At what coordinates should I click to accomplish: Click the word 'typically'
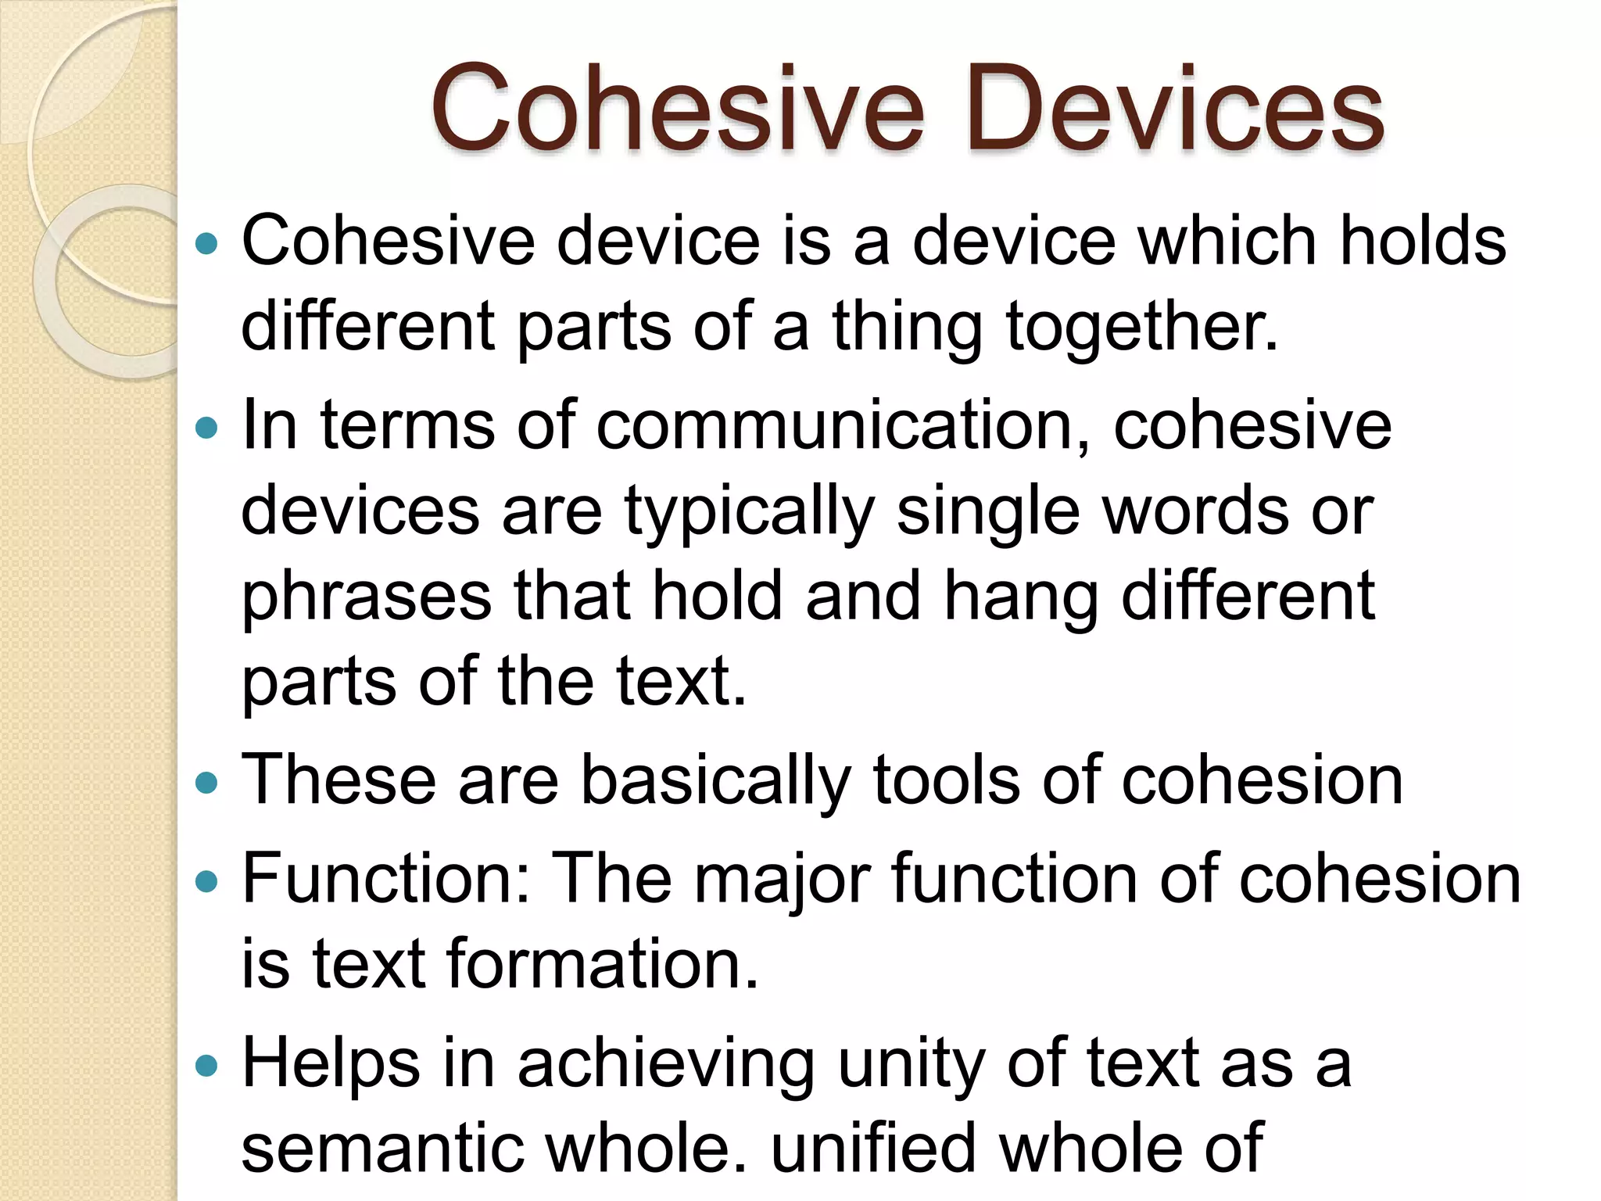point(749,513)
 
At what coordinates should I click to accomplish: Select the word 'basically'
point(715,781)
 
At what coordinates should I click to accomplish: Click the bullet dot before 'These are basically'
point(206,783)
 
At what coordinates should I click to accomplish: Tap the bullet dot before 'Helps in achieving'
point(206,1065)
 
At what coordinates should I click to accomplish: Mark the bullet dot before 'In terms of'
point(206,428)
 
